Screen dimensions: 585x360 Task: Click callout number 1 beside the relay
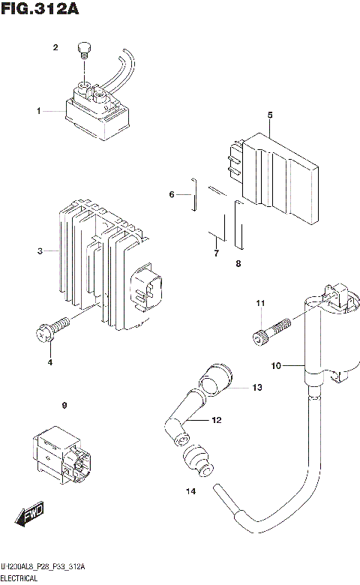(38, 111)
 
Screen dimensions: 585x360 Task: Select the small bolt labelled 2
(84, 52)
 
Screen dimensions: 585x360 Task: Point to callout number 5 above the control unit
(268, 115)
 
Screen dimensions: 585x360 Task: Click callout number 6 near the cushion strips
(171, 195)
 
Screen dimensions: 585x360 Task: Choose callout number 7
(215, 254)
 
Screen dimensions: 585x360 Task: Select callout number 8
(238, 263)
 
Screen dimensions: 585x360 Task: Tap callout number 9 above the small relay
(64, 406)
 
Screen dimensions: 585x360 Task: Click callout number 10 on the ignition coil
(275, 366)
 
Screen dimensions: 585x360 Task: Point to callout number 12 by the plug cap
(217, 420)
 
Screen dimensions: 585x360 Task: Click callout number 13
(256, 388)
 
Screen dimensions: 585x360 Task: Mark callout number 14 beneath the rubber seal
(190, 491)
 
